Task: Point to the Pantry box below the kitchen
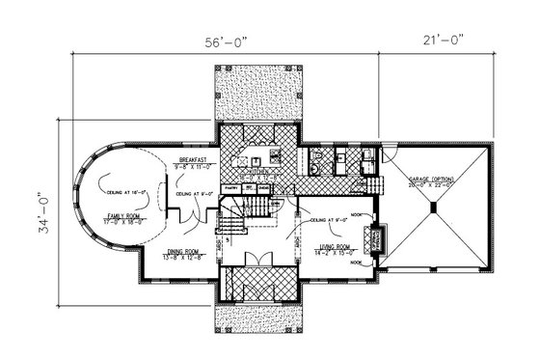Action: pos(229,187)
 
